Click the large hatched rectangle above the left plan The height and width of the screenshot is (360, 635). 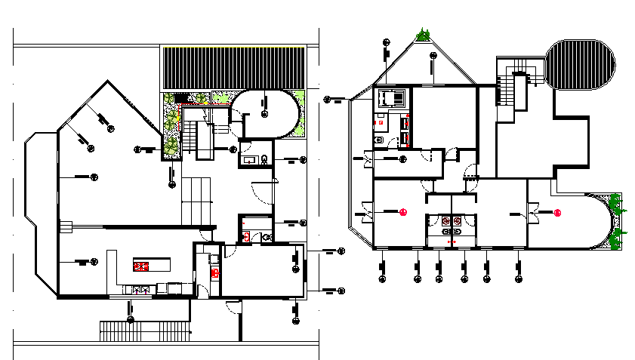[234, 69]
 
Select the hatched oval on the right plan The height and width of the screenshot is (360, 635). [581, 64]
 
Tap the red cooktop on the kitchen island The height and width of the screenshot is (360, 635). [142, 265]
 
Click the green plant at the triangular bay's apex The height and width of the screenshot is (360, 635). [424, 35]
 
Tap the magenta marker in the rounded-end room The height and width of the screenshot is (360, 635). [558, 213]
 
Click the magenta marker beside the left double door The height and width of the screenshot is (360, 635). [404, 213]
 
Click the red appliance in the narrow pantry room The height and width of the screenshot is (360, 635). [214, 272]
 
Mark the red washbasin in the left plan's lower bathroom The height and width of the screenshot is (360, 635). [245, 236]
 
